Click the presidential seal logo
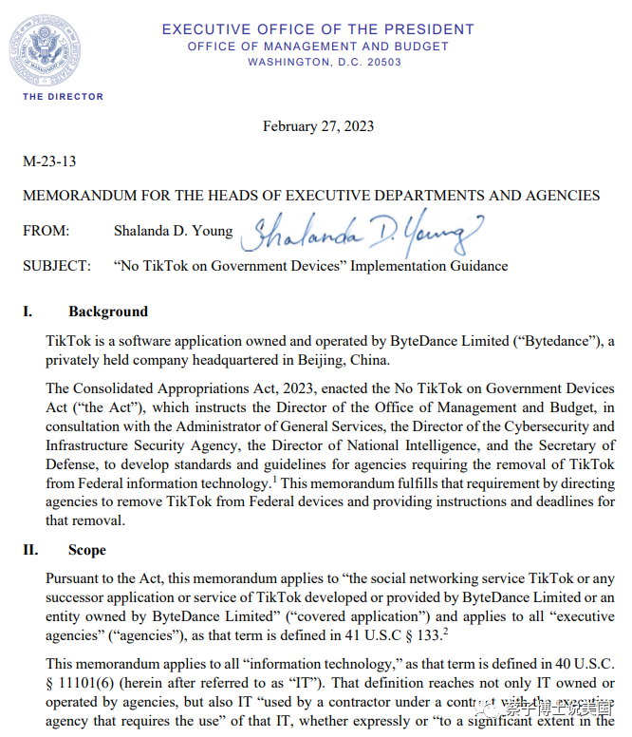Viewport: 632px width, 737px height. click(45, 50)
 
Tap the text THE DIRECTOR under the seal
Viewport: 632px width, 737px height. click(64, 97)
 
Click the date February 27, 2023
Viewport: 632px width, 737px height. click(318, 126)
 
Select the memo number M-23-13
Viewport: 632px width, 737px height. click(49, 161)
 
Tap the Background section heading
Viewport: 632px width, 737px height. click(108, 312)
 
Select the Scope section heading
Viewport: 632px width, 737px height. click(87, 550)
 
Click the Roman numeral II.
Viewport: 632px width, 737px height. click(30, 550)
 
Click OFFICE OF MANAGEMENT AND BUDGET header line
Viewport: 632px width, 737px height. click(318, 47)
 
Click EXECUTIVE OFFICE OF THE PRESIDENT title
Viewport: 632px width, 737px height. click(318, 29)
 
